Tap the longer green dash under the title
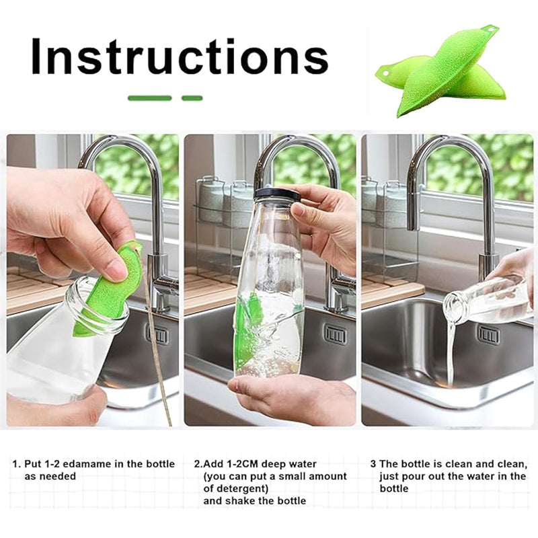pyautogui.click(x=149, y=98)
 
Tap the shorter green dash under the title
pyautogui.click(x=192, y=98)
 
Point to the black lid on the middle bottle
pyautogui.click(x=276, y=194)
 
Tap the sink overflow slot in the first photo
pyautogui.click(x=159, y=334)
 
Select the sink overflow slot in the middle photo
pyautogui.click(x=336, y=334)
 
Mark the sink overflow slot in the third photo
pyautogui.click(x=488, y=334)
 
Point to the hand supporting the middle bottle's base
pyautogui.click(x=289, y=397)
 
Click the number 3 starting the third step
pyautogui.click(x=373, y=464)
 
